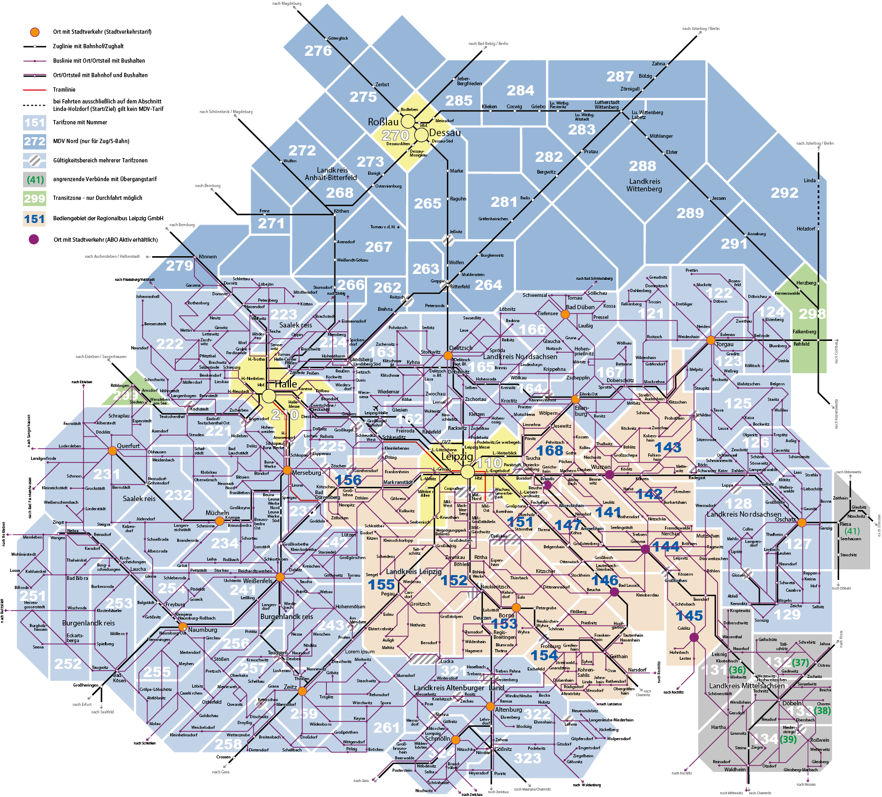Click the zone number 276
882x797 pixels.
pos(318,51)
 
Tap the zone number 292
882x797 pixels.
pos(784,193)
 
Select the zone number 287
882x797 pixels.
pos(620,77)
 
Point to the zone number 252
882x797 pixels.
pos(68,664)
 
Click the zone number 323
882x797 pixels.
pos(528,758)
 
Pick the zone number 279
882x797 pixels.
pos(179,265)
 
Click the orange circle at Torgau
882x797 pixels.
pos(711,340)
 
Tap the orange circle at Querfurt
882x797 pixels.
pos(112,451)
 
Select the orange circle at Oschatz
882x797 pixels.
pos(802,523)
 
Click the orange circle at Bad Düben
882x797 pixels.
pos(565,314)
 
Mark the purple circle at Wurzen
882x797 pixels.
pos(609,474)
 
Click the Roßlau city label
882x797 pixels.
pos(383,122)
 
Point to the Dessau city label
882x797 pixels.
pos(445,133)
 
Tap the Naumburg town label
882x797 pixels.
pos(203,630)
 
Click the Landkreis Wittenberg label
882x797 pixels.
pos(645,185)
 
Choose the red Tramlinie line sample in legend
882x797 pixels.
pos(34,90)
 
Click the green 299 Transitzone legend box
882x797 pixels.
pos(34,198)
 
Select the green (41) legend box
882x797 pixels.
pos(34,180)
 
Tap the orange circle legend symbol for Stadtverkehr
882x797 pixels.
pos(34,32)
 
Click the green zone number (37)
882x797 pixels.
pos(801,663)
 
